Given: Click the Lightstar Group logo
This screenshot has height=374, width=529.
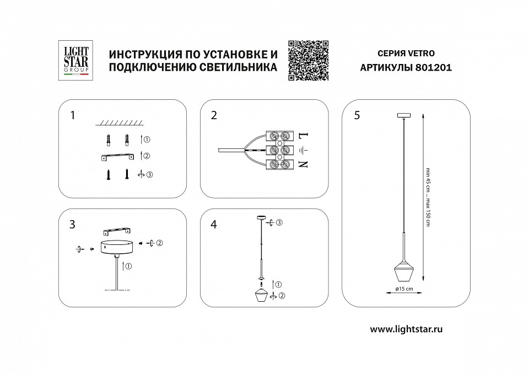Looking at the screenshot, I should coord(73,61).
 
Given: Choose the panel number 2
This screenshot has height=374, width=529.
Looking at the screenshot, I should coord(214,115).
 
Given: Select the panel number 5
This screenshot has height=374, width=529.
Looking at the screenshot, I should coord(357,115).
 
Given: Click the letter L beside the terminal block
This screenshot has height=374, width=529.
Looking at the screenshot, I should coord(303,135).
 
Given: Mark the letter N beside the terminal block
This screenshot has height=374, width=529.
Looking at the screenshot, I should coord(303,164).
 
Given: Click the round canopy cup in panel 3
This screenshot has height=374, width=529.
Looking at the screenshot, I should coord(116,246).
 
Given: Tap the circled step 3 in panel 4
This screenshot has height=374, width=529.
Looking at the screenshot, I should coord(279,222).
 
